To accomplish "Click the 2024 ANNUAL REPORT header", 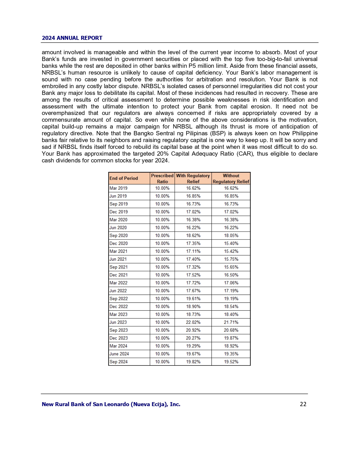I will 72,38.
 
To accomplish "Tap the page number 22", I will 303,404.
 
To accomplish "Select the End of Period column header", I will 124,178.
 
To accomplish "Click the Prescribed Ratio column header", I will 162,178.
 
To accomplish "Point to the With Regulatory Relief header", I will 193,178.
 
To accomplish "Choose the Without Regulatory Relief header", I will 231,178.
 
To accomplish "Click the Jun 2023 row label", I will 118,322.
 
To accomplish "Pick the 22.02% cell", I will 193,322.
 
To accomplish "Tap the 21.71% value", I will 231,322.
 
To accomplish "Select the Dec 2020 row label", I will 119,243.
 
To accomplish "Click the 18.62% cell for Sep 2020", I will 193,236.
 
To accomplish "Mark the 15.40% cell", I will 231,243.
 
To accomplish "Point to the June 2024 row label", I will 119,354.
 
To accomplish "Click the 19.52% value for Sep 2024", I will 231,362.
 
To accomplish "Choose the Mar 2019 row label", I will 119,188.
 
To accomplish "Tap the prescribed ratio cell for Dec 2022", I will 162,306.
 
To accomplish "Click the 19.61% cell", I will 193,299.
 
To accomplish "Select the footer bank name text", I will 111,404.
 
